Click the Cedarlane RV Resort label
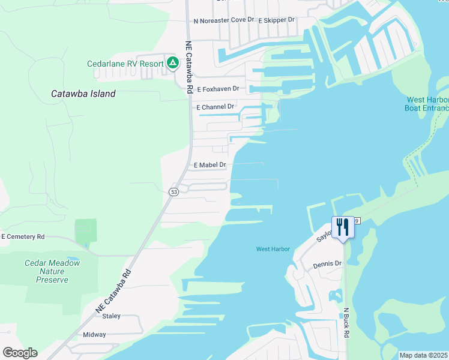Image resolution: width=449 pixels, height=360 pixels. [125, 64]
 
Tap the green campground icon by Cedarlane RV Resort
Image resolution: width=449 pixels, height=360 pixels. [172, 62]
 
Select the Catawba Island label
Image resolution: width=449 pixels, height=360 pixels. [83, 94]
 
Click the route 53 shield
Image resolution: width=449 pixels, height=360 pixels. [173, 191]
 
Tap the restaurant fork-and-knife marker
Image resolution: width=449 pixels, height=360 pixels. [343, 228]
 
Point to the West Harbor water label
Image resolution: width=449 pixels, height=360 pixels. [273, 249]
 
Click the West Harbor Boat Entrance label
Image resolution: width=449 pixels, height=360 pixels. [427, 104]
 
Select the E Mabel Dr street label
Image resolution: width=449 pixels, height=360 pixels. [209, 164]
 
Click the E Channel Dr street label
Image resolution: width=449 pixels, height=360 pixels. [215, 107]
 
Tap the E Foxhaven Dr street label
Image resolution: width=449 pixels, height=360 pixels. [218, 89]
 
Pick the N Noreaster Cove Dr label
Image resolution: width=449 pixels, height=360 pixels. [220, 20]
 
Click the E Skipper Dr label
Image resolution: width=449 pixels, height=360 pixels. [276, 20]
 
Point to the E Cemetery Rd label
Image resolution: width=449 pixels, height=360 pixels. [23, 237]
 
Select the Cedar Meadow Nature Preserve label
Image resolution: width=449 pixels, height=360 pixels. [52, 271]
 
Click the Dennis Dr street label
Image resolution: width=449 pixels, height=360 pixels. [327, 264]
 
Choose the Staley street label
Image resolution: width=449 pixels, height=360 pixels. [111, 316]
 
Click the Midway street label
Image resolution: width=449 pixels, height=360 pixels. [94, 335]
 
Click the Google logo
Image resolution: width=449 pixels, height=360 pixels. [20, 353]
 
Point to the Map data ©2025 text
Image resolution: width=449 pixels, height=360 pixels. [423, 355]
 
